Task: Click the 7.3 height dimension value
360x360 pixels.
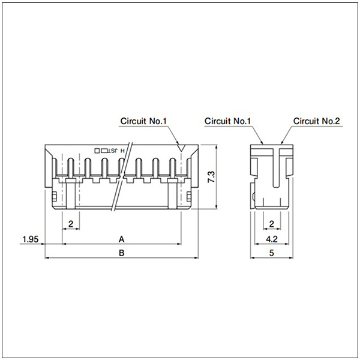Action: [212, 176]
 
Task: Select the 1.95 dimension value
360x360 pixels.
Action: [31, 239]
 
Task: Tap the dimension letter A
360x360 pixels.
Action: [121, 239]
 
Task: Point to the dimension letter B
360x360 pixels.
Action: [121, 253]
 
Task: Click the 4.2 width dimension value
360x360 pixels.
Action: [272, 239]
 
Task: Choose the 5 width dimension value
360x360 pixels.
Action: [272, 253]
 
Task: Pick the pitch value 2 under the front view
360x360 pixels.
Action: [71, 224]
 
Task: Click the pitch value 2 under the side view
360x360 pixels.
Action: [272, 224]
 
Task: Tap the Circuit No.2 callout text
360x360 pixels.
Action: [316, 121]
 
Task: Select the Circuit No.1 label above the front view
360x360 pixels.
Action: [143, 121]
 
